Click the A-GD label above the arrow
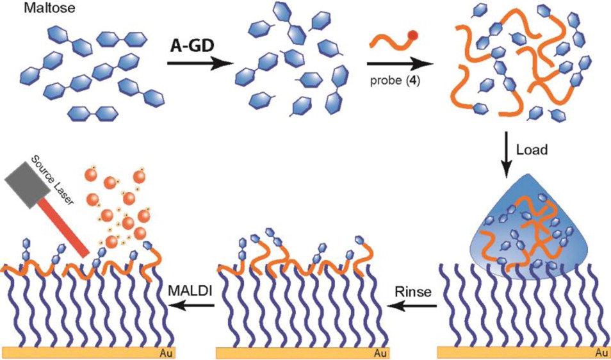pos(192,46)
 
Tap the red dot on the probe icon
pos(413,35)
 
